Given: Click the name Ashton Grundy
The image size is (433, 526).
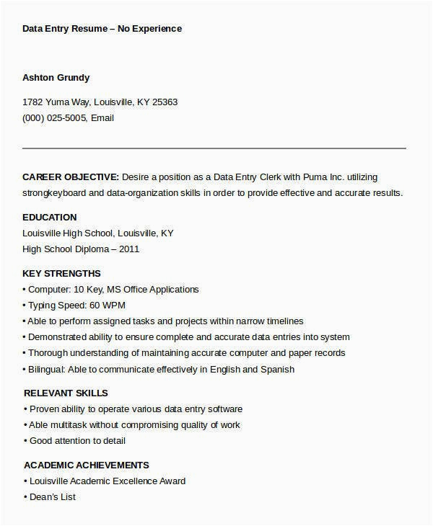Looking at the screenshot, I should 56,78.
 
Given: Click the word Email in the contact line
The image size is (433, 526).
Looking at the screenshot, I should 102,118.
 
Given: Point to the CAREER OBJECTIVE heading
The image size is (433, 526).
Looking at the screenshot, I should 71,177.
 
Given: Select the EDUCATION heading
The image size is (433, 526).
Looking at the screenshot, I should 49,217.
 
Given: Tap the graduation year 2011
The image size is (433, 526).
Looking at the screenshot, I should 129,249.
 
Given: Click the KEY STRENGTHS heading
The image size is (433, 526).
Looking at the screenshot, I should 61,274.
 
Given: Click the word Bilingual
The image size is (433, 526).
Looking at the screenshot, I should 47,369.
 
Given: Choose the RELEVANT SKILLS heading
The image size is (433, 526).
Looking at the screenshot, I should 66,393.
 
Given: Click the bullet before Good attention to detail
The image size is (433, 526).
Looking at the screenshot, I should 25,441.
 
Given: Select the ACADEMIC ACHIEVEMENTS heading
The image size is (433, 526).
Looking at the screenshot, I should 87,465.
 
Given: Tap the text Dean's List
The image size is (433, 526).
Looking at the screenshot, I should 52,497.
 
